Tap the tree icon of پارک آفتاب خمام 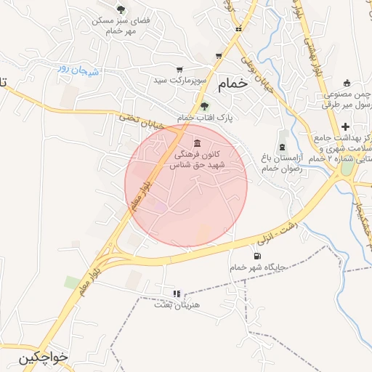click(204, 106)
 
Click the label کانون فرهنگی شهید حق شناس click(198, 161)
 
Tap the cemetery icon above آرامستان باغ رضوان click(282, 147)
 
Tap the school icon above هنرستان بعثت click(176, 294)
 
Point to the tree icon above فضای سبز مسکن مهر click(121, 9)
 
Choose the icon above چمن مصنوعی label click(347, 82)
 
